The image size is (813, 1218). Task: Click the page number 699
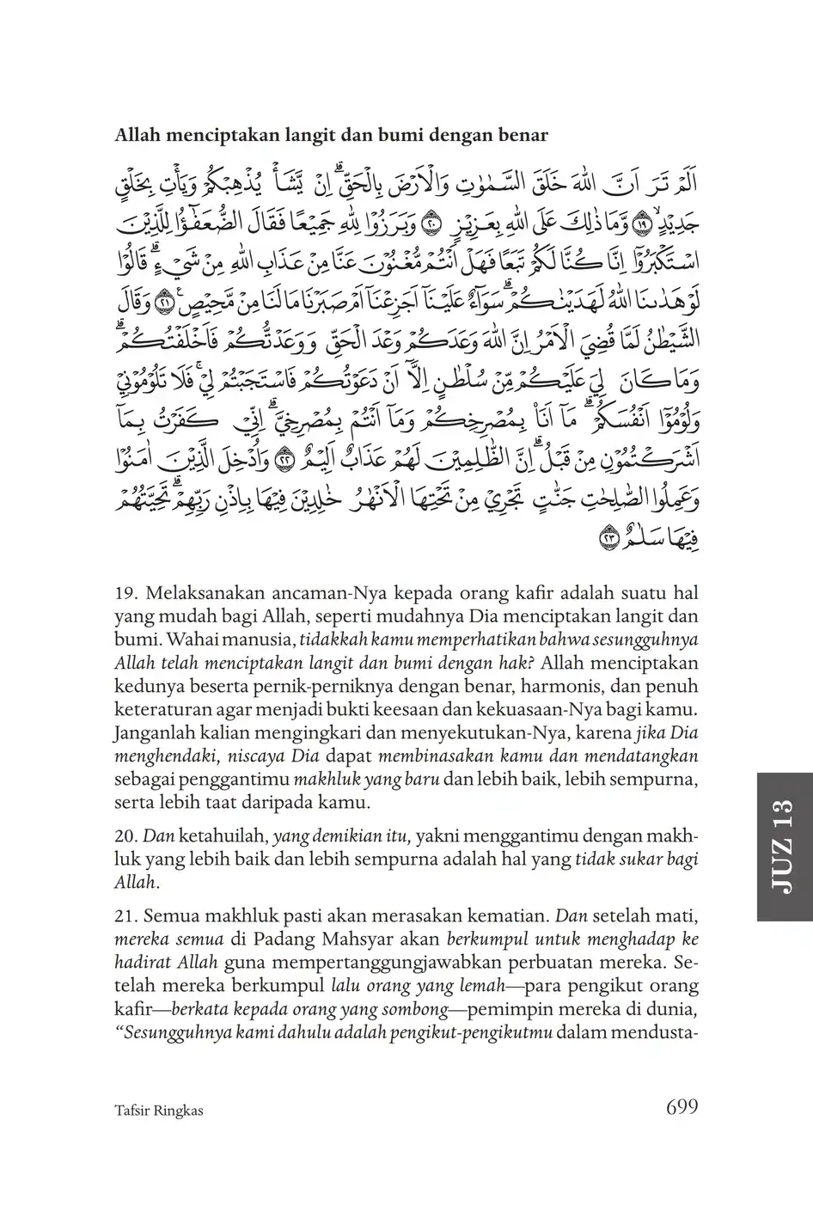(682, 1107)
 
